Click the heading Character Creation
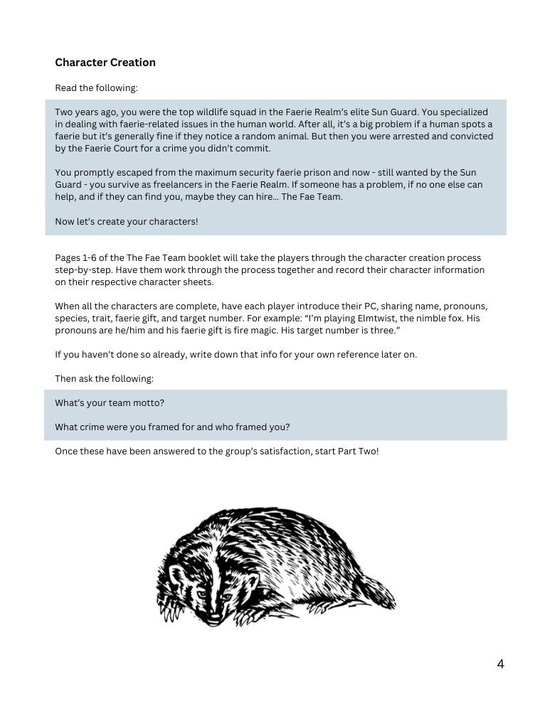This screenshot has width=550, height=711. coord(105,63)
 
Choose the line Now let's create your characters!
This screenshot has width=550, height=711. coord(126,221)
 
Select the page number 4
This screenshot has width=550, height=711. coord(500,664)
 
